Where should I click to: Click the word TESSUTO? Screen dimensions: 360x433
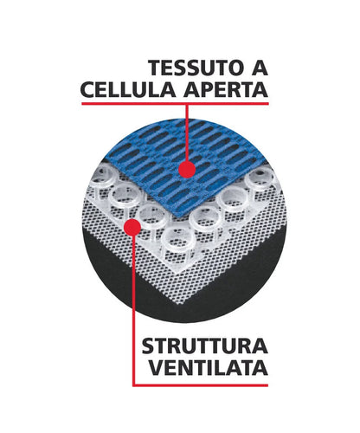pos(196,68)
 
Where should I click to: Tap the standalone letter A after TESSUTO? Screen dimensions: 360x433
pos(260,68)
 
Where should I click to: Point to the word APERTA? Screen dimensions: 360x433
pos(226,89)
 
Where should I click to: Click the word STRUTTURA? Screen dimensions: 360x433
pos(205,346)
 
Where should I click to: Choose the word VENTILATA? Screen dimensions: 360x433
pos(209,367)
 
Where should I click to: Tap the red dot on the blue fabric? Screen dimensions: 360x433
pos(187,170)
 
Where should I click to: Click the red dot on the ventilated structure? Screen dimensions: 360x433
pos(132,227)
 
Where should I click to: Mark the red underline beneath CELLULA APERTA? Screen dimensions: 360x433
pos(175,103)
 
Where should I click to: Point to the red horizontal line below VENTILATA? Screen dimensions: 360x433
pos(201,385)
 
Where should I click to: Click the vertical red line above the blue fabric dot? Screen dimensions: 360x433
pos(187,133)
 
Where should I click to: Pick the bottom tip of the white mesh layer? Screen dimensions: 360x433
pos(183,304)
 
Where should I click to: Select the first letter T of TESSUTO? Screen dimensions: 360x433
pos(156,68)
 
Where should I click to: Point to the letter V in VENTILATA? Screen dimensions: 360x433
pos(157,367)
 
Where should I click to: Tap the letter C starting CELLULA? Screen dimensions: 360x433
pos(88,89)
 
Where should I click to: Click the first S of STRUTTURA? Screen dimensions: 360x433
pos(149,346)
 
